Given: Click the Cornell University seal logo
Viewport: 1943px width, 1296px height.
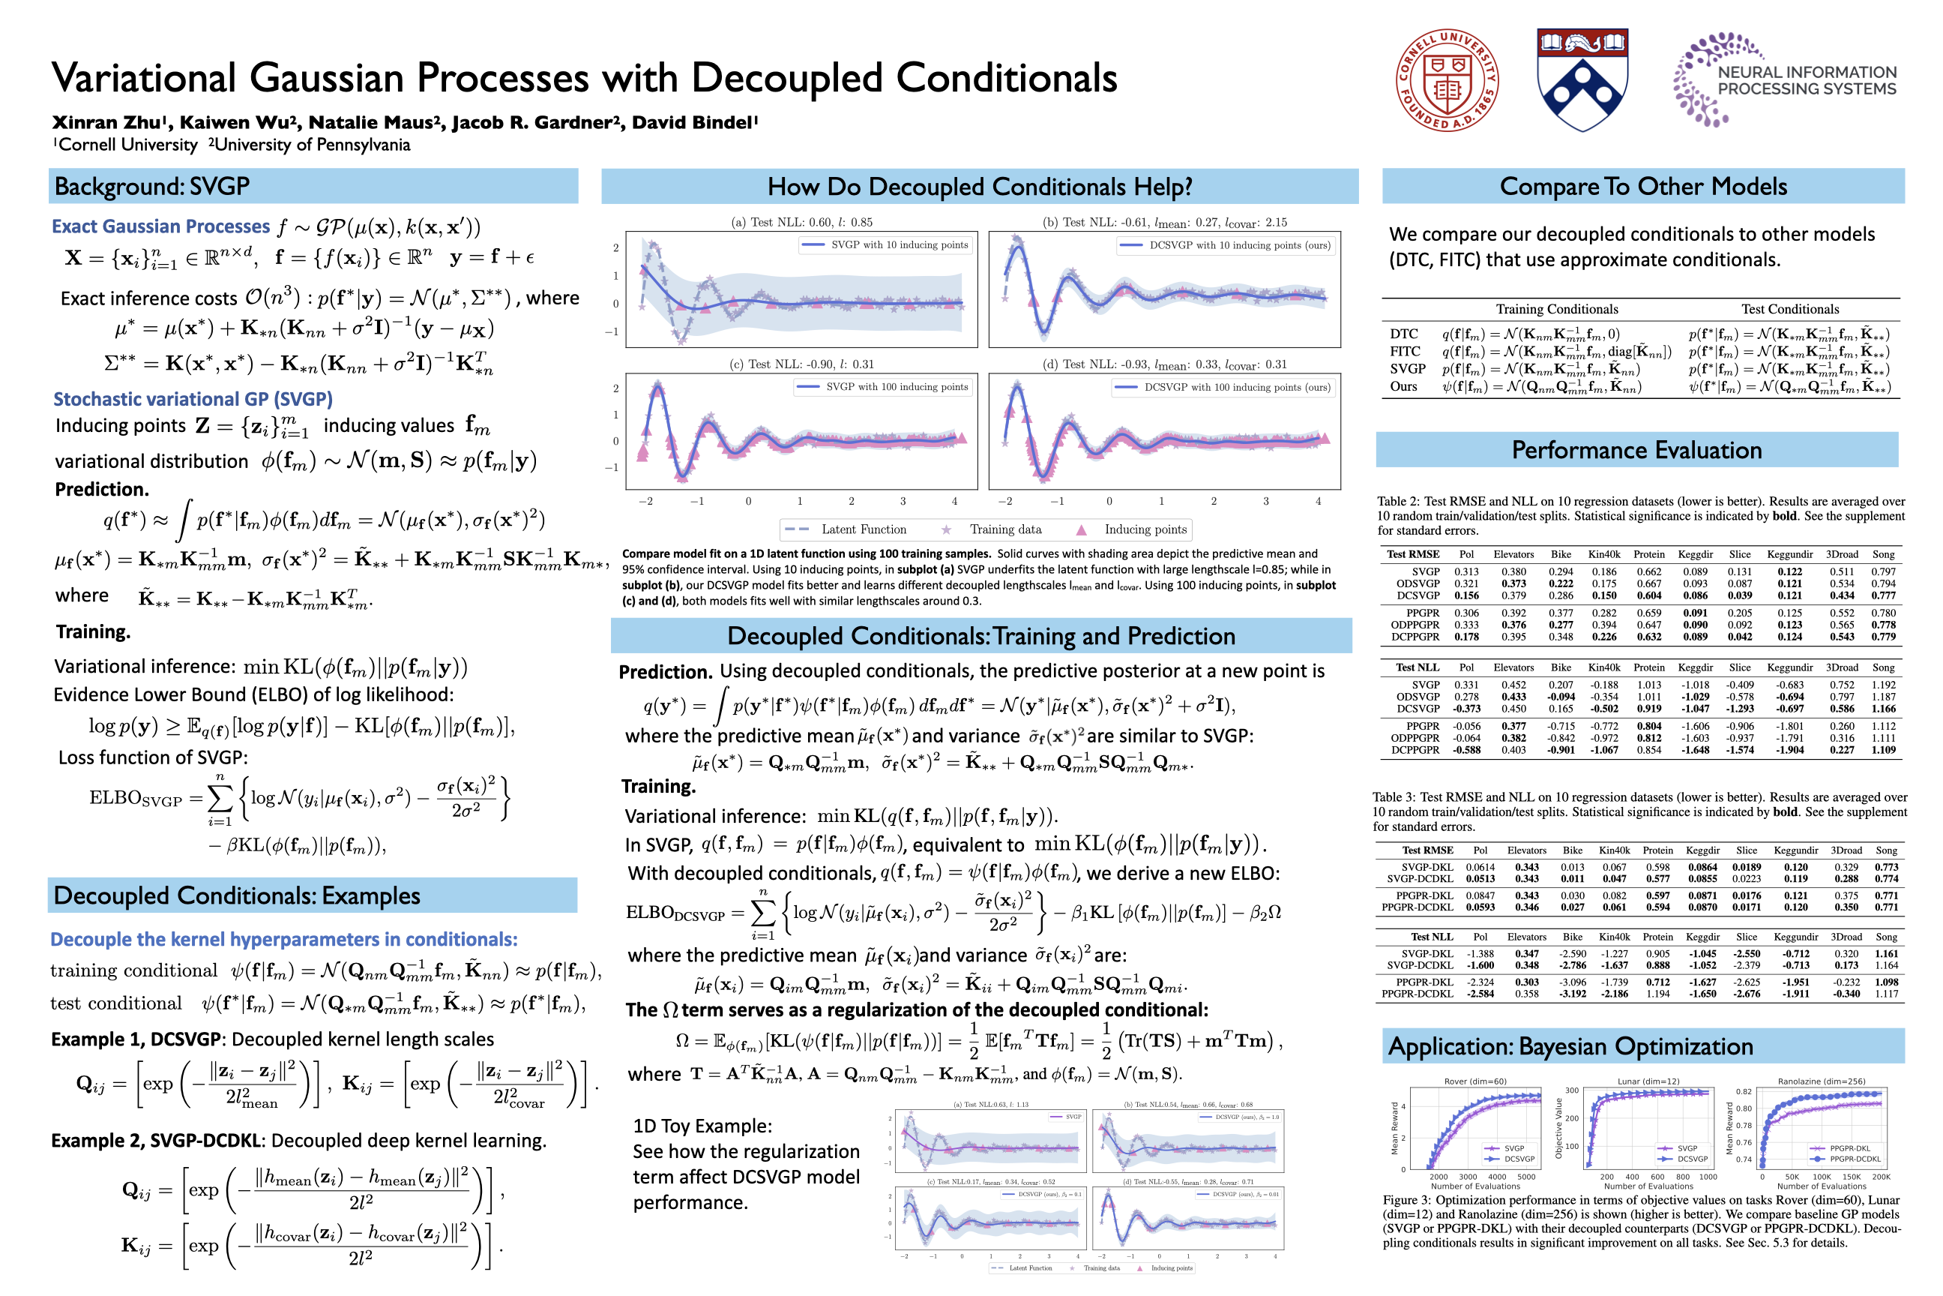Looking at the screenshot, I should coord(1447,80).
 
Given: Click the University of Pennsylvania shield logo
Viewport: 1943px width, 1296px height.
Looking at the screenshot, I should coord(1581,80).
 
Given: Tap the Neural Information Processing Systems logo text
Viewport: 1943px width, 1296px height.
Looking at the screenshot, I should coord(1806,81).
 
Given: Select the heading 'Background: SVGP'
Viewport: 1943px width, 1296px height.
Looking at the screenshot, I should coord(152,187).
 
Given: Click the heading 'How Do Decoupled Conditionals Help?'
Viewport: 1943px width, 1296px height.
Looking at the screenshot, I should coord(979,187).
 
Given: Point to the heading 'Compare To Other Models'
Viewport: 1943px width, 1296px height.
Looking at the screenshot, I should coord(1642,187).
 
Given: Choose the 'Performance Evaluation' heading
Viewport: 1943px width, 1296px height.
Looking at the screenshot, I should coord(1636,451).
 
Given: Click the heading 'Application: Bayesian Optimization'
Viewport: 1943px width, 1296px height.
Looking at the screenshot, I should coord(1570,1046).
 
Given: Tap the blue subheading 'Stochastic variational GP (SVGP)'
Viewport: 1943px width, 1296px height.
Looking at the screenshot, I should coord(193,399).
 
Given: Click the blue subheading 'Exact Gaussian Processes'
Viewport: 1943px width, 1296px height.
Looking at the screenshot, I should coord(161,226).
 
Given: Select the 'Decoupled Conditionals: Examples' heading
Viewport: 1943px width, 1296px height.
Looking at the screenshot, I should coord(236,896).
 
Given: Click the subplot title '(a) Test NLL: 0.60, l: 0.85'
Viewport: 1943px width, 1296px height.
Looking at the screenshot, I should coord(801,222).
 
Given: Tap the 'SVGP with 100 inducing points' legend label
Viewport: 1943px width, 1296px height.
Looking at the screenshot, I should coord(897,387).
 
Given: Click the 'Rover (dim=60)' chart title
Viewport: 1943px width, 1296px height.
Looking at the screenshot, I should coord(1474,1081).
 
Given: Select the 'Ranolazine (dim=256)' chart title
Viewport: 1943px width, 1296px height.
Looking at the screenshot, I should coord(1821,1081).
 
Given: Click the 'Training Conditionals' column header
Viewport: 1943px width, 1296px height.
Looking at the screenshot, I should coord(1556,309).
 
